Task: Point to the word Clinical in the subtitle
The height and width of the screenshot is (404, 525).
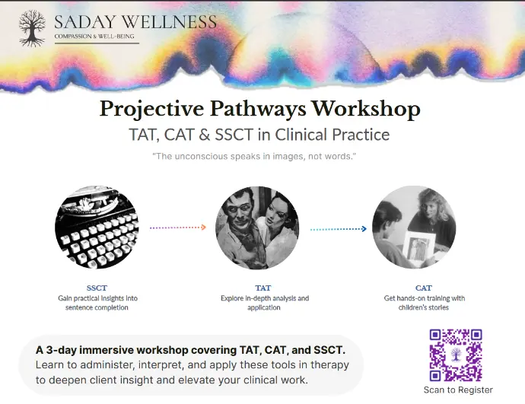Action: (x=313, y=135)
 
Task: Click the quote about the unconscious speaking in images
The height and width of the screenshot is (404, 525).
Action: (x=259, y=156)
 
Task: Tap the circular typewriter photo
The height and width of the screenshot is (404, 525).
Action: (x=97, y=227)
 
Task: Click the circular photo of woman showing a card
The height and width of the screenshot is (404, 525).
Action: (x=414, y=227)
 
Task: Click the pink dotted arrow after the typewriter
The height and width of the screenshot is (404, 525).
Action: (x=177, y=227)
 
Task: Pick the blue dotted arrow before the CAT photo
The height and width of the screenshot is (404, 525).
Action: (x=339, y=227)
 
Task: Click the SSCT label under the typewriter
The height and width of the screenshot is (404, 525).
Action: (x=97, y=288)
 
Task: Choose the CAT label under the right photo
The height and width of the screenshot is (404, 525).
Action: (x=424, y=288)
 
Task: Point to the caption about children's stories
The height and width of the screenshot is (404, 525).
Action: (x=424, y=303)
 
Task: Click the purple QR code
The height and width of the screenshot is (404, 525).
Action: (x=456, y=355)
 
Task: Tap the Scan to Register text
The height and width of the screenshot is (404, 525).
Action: (x=458, y=390)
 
